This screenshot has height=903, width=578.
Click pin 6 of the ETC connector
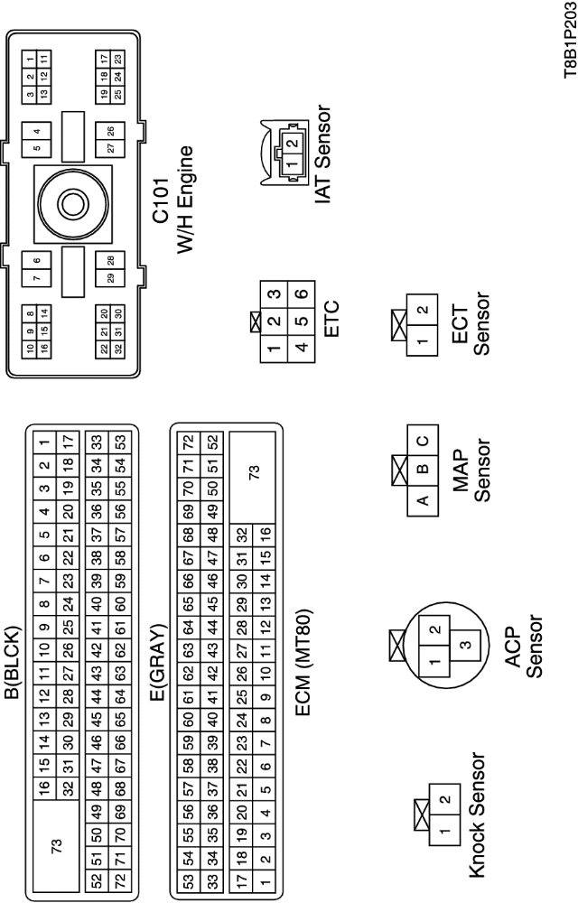[x=301, y=291]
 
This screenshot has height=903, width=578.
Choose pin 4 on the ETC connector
[x=301, y=343]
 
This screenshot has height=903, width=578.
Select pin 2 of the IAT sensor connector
[x=291, y=143]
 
